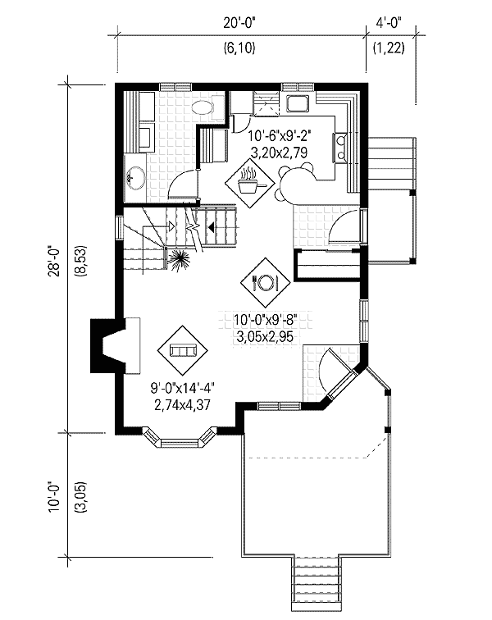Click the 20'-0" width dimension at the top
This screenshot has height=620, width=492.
(239, 25)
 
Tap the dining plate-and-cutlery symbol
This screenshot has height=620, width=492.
(266, 281)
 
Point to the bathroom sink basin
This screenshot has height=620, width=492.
(136, 176)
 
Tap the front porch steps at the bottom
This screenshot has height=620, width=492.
(317, 582)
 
